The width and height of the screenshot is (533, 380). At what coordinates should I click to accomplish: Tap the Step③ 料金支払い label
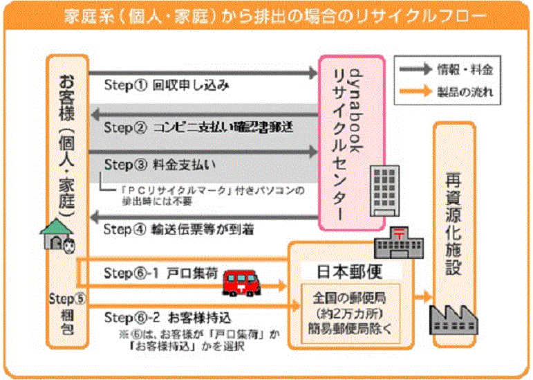tap(160, 165)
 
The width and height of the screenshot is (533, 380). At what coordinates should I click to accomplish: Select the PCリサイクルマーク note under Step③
tap(207, 194)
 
